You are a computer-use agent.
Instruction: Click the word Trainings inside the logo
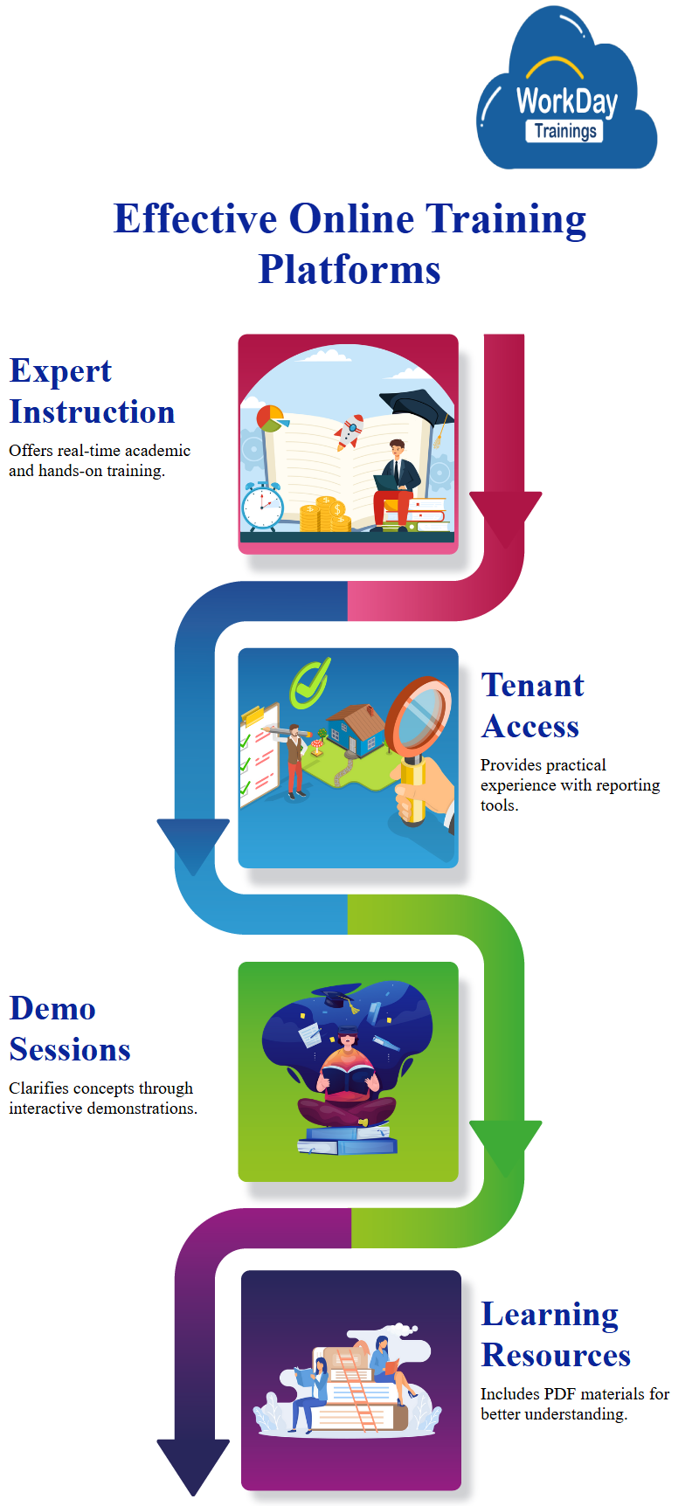coord(565,131)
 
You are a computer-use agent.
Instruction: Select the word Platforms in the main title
coord(349,269)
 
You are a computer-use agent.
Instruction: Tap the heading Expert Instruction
coord(92,391)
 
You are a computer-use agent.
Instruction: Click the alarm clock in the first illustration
coord(262,506)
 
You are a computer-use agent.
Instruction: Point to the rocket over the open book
coord(349,432)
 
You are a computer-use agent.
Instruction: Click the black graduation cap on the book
coord(419,407)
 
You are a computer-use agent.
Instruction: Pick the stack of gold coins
coord(325,515)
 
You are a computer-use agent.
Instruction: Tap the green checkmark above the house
coord(310,682)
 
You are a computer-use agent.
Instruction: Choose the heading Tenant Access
coord(532,706)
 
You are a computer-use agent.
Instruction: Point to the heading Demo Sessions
coord(70,1029)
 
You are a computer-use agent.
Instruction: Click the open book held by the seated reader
coord(348,1080)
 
